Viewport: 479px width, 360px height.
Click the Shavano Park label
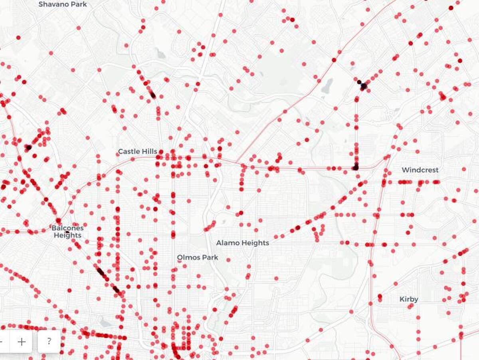(x=63, y=4)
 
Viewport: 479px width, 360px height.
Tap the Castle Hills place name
(x=137, y=152)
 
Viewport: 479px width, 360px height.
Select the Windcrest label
(x=420, y=170)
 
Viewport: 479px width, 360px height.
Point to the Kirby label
(x=409, y=299)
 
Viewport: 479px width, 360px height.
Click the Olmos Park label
(x=198, y=257)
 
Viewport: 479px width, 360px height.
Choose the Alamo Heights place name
(x=243, y=243)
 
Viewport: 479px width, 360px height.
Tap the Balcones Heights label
(x=67, y=231)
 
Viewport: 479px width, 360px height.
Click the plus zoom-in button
(x=22, y=342)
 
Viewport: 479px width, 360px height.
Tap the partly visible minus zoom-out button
(x=2, y=342)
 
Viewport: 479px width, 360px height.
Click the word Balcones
(x=67, y=228)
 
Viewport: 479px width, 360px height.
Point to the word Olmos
(x=188, y=257)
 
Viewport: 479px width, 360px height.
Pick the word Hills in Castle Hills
(x=150, y=152)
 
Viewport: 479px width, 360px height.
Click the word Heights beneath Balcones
(x=67, y=235)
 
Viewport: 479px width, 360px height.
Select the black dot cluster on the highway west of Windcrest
(x=356, y=167)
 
